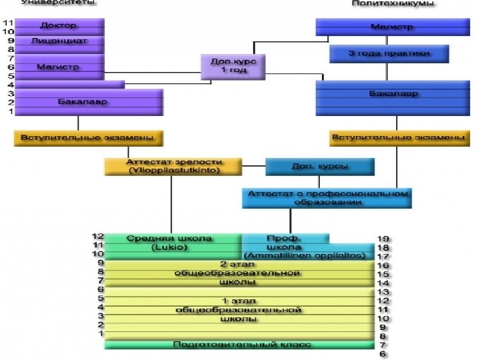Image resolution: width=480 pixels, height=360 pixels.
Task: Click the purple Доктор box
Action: (59, 26)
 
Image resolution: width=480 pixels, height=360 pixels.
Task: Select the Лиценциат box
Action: (59, 41)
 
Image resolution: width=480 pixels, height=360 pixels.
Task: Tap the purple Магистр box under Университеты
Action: (59, 67)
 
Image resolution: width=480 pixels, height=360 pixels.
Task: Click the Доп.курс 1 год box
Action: (229, 66)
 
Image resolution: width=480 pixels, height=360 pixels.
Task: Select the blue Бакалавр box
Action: (393, 94)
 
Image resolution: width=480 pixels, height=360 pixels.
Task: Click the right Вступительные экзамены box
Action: (397, 138)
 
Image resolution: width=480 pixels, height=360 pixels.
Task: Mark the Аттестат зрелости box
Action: (173, 166)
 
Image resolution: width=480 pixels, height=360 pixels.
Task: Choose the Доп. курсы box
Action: (319, 166)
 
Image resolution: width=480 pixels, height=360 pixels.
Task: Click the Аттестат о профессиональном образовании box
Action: (327, 197)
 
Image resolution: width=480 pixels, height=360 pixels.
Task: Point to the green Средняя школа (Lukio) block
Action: (172, 243)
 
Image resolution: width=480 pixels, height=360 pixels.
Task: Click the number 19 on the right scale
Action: (383, 238)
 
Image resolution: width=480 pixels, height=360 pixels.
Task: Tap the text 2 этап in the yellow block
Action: (238, 264)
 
